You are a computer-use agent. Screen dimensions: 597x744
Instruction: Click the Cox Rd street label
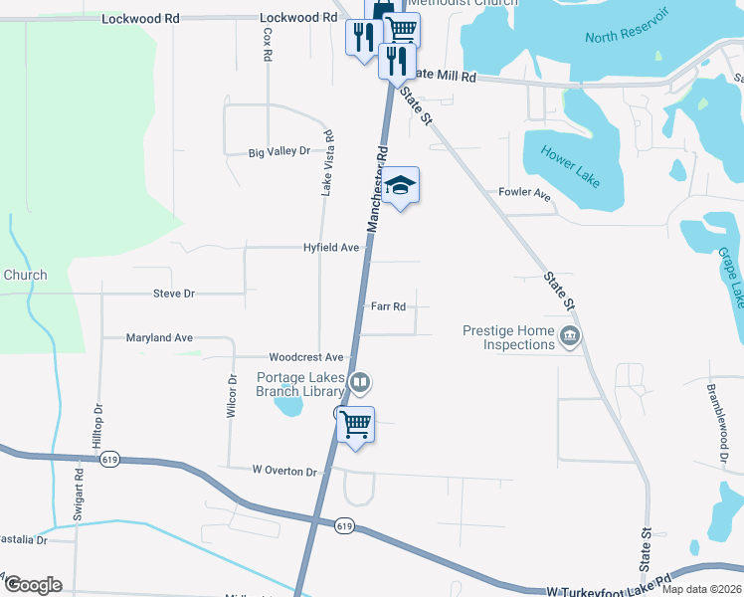coord(268,44)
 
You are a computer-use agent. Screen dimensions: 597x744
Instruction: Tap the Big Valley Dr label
coord(279,152)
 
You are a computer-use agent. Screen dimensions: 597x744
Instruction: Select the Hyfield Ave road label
coord(331,247)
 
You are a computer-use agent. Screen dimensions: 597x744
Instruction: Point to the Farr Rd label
coord(388,306)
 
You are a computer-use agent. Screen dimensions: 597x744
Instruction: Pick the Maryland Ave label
coord(159,338)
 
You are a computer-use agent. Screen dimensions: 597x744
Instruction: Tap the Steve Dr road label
coord(174,294)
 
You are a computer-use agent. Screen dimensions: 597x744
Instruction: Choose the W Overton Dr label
coord(283,471)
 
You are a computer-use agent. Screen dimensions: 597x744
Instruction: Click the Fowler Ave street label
coord(524,193)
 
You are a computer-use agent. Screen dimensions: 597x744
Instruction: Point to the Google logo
coord(32,585)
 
